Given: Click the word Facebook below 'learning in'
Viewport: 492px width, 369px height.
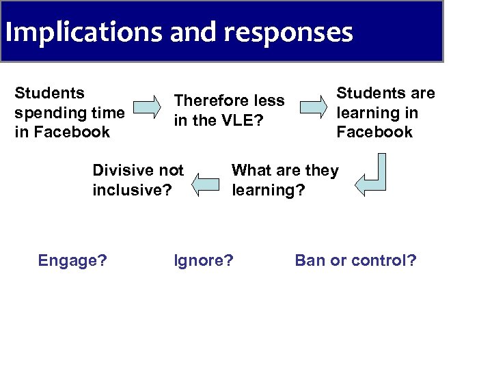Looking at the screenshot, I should point(374,132).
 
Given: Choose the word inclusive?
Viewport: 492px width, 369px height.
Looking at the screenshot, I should point(132,190).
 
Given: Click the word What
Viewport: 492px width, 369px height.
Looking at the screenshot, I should point(251,170).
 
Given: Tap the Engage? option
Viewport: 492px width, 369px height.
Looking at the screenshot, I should point(72,260).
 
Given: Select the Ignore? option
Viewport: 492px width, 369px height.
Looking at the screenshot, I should point(204,260).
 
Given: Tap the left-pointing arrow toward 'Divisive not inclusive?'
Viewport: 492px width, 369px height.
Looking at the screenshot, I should point(209,184).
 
